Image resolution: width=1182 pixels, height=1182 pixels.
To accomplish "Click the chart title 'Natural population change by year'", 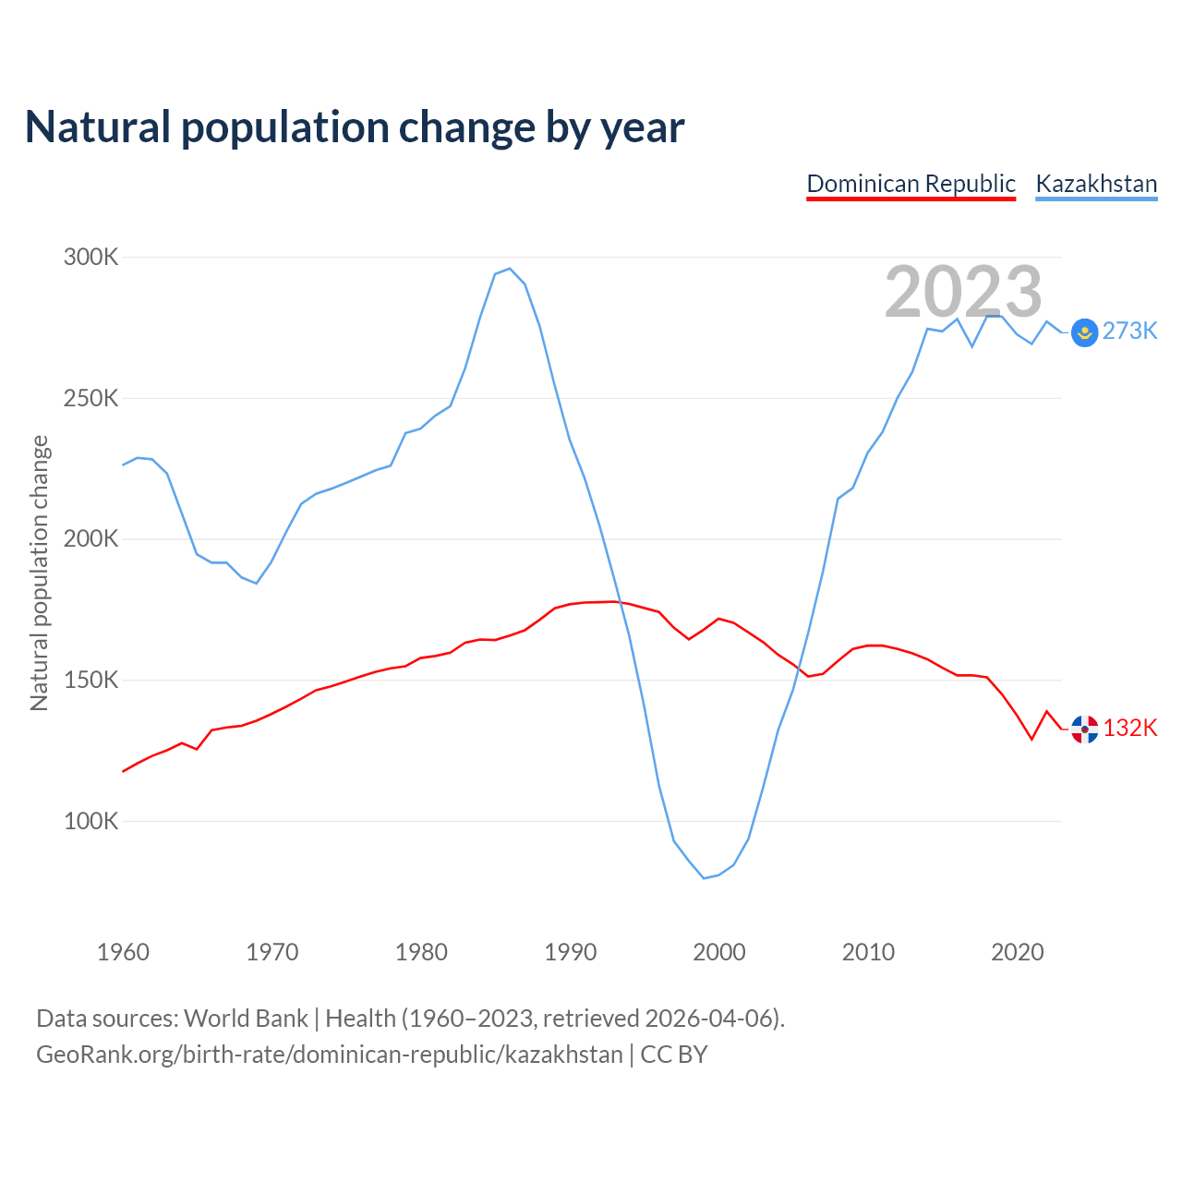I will (x=355, y=127).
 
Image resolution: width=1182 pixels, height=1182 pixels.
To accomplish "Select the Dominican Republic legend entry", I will (x=911, y=184).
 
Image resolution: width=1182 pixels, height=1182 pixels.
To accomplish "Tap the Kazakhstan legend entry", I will (x=1096, y=184).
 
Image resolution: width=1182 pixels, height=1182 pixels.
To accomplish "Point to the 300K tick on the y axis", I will (x=90, y=257).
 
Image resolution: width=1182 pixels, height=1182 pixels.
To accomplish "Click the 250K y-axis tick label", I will (x=90, y=398).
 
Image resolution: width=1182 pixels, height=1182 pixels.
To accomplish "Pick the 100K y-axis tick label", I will (x=90, y=821).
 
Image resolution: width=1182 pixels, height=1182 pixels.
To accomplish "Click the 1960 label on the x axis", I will (x=123, y=952).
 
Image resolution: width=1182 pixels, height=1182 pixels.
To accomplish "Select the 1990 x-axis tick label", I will (x=570, y=952).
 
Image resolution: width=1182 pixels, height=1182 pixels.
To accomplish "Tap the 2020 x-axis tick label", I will (x=1017, y=952).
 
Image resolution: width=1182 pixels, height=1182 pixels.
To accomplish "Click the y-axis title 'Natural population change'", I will (x=39, y=573).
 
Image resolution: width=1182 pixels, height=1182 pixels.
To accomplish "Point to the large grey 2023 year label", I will (x=963, y=292).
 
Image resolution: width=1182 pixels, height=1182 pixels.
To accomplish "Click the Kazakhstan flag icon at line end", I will (x=1084, y=332).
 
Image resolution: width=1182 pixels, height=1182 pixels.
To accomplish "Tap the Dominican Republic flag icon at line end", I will (x=1084, y=730).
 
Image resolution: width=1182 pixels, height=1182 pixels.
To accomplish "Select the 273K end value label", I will (x=1130, y=332).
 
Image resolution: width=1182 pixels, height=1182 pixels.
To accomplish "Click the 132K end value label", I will (x=1130, y=729).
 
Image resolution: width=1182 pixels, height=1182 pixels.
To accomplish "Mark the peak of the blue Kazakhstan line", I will (x=509, y=269).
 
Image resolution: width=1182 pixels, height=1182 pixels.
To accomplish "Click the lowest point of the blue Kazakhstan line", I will (x=704, y=878).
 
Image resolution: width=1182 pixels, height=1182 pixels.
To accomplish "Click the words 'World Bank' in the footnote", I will (x=246, y=1019).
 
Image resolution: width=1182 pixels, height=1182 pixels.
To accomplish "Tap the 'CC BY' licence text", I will (x=674, y=1055).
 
